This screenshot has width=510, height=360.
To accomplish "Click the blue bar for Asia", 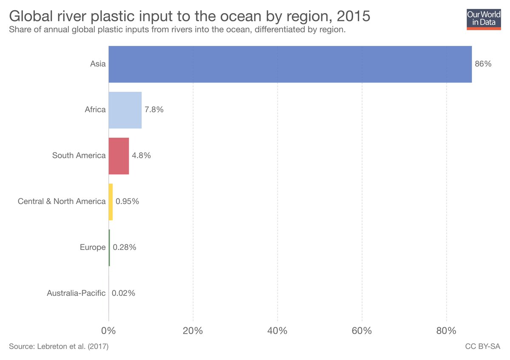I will point(290,64).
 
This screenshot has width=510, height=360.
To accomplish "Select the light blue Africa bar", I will point(125,110).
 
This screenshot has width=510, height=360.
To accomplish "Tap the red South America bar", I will point(119,156).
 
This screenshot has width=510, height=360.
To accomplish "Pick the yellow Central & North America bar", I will point(110,201).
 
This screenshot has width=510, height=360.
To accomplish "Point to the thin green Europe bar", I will point(109,247).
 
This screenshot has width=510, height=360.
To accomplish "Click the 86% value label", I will point(483,64).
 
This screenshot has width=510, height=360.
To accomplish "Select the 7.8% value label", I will point(154,110).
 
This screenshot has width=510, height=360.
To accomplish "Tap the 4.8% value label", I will point(141,156).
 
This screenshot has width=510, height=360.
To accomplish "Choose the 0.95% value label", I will point(127,201).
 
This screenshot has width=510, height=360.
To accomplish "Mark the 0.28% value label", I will point(124,247).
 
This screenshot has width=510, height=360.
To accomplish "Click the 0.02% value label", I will point(123,293).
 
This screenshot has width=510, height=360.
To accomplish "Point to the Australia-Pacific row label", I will point(76,293).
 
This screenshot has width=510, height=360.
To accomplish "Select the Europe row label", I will point(93,247).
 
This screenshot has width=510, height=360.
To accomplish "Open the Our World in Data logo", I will point(484,18).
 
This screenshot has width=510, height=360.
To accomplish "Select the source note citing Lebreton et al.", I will point(59,347).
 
